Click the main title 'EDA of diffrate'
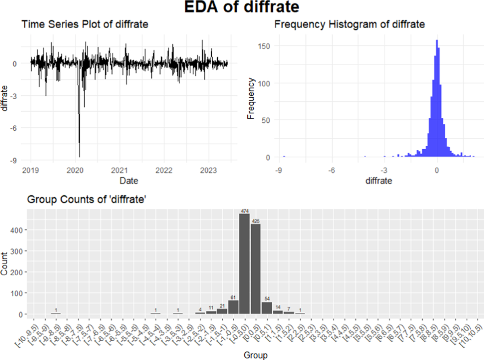click(x=242, y=8)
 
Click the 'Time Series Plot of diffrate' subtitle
click(x=85, y=24)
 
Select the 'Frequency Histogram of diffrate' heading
click(x=349, y=24)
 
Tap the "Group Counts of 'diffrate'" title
click(x=86, y=199)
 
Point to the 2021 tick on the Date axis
click(x=120, y=170)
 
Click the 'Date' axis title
click(x=129, y=181)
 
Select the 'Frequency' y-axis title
click(x=251, y=98)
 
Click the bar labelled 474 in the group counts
click(x=244, y=264)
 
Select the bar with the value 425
click(x=255, y=269)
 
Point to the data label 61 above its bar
click(x=233, y=297)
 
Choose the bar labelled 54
click(x=267, y=308)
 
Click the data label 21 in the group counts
click(x=222, y=306)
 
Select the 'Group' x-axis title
click(x=255, y=355)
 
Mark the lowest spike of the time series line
click(x=79, y=157)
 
